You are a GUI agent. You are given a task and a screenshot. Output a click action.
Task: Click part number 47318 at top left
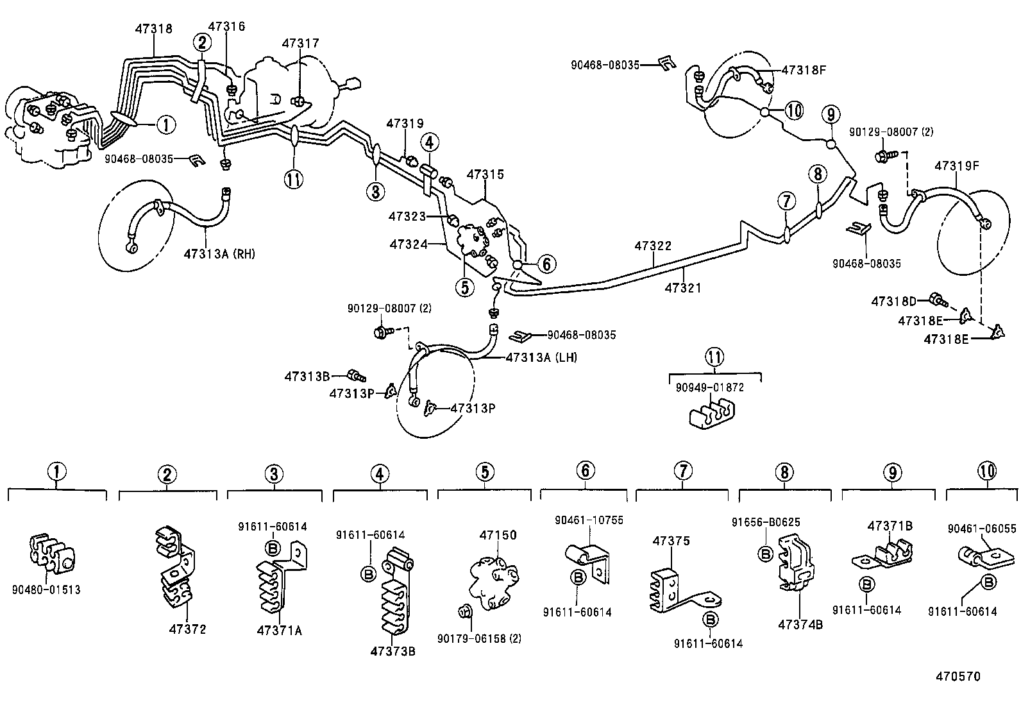(154, 28)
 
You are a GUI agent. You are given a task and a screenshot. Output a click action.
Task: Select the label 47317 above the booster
(300, 43)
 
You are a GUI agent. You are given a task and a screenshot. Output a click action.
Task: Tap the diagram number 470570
(958, 676)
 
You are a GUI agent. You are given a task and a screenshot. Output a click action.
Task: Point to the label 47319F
(956, 165)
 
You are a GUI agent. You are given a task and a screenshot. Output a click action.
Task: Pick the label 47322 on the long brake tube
(653, 246)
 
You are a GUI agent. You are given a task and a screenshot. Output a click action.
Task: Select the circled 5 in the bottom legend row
(485, 472)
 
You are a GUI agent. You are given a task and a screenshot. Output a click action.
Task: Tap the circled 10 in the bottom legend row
(987, 471)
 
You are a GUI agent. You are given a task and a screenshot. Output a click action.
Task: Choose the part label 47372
(187, 629)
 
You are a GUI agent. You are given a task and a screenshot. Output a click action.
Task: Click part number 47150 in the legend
(498, 535)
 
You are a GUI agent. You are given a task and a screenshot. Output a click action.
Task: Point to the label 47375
(671, 541)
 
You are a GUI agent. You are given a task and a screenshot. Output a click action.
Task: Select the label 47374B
(800, 624)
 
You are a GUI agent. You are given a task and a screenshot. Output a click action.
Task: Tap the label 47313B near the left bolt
(307, 376)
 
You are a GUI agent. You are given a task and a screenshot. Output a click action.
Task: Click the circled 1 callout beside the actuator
(165, 124)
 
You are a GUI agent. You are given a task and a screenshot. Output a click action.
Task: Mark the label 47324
(409, 244)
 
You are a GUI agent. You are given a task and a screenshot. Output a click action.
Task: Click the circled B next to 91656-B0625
(764, 554)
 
